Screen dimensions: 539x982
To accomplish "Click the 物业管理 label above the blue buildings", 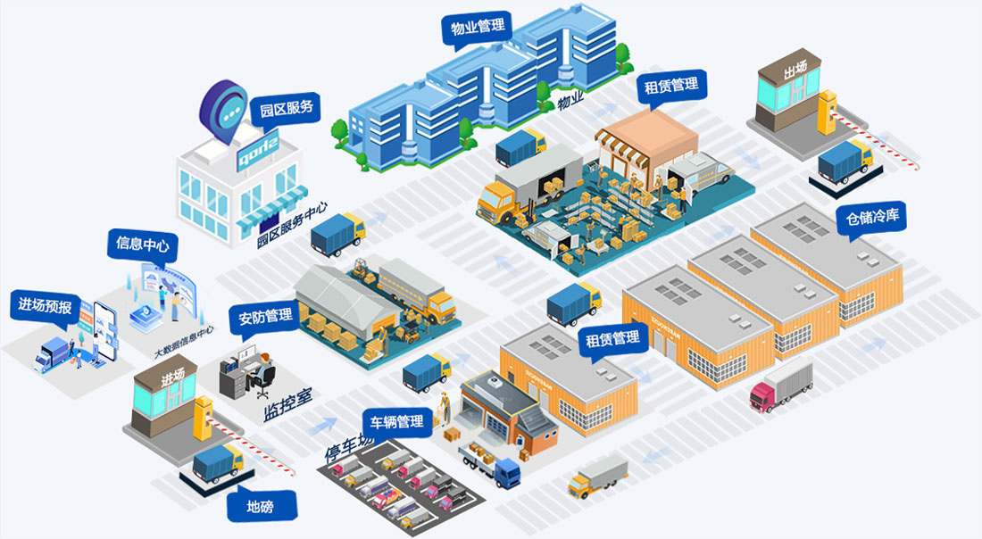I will (x=478, y=26).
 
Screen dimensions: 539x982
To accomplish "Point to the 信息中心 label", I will (x=142, y=244).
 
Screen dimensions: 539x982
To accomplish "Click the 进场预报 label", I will (x=45, y=304).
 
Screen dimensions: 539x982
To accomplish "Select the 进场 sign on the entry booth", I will (x=173, y=377).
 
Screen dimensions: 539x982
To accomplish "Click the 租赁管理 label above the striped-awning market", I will (x=671, y=87).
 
